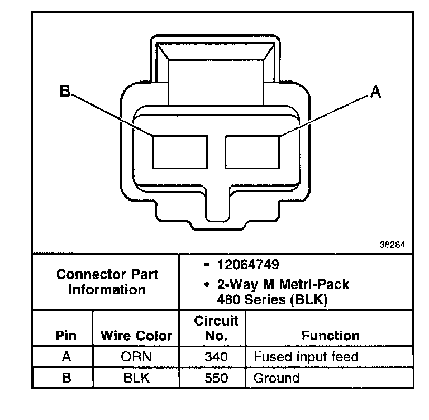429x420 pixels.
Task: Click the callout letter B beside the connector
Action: tap(65, 91)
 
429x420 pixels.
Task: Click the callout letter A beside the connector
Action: tap(375, 92)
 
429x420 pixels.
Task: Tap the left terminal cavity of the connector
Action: tap(180, 152)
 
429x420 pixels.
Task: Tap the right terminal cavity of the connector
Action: tap(252, 152)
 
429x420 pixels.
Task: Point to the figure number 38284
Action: tap(392, 245)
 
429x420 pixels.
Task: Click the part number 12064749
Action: tap(248, 265)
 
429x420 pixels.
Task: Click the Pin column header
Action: tap(66, 336)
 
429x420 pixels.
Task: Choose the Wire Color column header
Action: tap(136, 336)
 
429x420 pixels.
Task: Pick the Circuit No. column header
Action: tap(216, 328)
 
